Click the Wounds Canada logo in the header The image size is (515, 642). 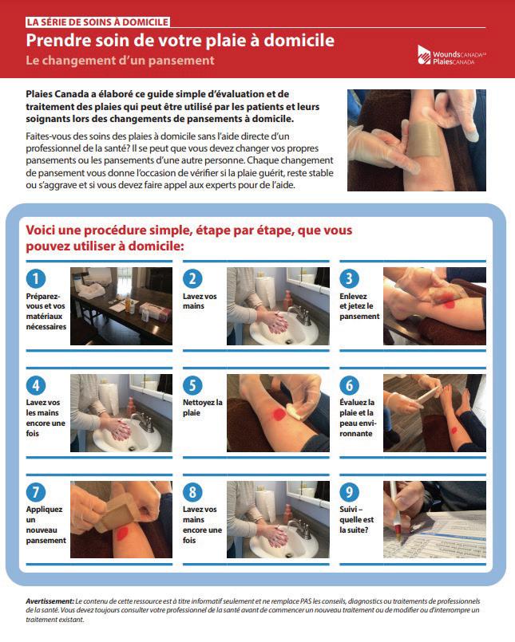[451, 55]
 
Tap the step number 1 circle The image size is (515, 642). [36, 278]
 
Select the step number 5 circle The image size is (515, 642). [192, 385]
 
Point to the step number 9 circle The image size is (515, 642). [350, 492]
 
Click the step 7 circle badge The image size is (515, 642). [36, 492]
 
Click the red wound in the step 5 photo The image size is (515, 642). [279, 415]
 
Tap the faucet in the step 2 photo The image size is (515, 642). [300, 314]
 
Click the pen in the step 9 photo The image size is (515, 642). [396, 511]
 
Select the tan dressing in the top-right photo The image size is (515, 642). [423, 138]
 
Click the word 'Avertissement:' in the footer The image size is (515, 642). [50, 601]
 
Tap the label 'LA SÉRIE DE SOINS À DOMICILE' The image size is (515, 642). [97, 22]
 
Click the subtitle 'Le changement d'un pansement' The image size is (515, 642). [120, 60]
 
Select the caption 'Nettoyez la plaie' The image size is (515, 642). [203, 408]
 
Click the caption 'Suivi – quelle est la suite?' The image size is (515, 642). [356, 519]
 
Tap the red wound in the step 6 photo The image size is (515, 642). [454, 430]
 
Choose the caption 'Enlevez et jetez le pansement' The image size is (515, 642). [359, 306]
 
